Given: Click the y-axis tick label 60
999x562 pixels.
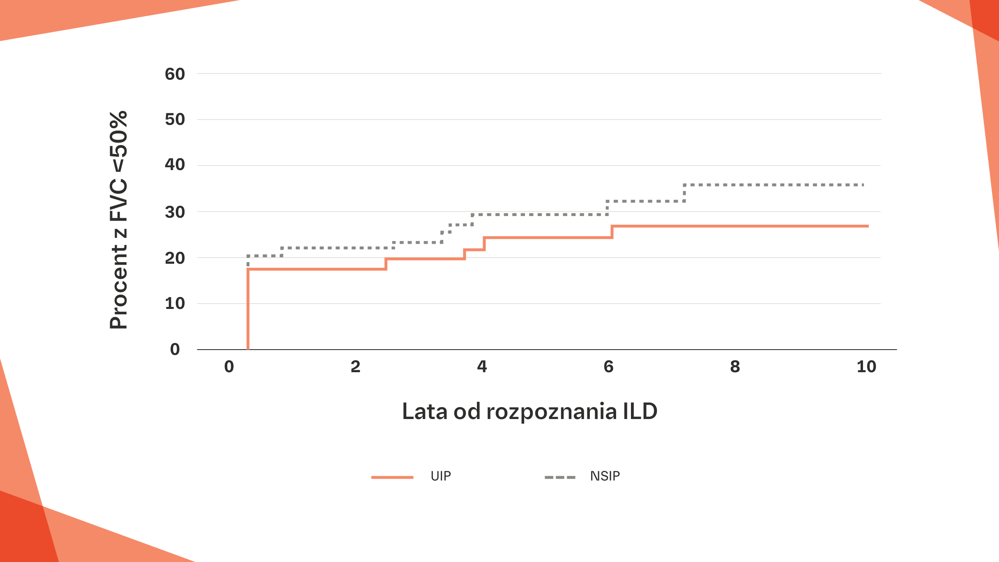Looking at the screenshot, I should click(x=175, y=74).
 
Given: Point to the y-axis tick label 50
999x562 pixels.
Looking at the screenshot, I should click(x=175, y=120).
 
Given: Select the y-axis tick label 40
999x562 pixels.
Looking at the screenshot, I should click(x=175, y=165).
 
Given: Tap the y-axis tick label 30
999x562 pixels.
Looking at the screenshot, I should click(x=175, y=212).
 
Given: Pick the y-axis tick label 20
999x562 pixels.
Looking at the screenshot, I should click(x=175, y=258).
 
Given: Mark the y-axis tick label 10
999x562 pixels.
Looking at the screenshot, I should click(x=175, y=304).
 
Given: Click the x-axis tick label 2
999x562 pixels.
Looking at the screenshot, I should click(x=355, y=366).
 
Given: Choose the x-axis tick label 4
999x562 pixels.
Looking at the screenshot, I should click(x=482, y=366).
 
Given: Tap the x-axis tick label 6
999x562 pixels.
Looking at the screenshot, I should click(x=608, y=366).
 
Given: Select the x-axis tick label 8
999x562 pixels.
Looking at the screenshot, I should click(x=735, y=366).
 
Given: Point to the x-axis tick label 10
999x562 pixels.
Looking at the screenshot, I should click(x=866, y=366).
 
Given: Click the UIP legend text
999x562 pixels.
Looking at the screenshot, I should click(x=441, y=476).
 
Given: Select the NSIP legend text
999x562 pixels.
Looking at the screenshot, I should click(x=605, y=476).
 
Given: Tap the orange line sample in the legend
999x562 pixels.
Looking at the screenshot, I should click(x=392, y=477).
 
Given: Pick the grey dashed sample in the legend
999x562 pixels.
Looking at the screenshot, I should click(x=560, y=477).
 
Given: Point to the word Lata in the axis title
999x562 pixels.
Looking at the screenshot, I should click(x=424, y=411).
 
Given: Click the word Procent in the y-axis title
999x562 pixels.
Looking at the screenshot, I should click(x=119, y=287).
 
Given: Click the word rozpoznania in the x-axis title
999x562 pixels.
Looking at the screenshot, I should click(x=551, y=411).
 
